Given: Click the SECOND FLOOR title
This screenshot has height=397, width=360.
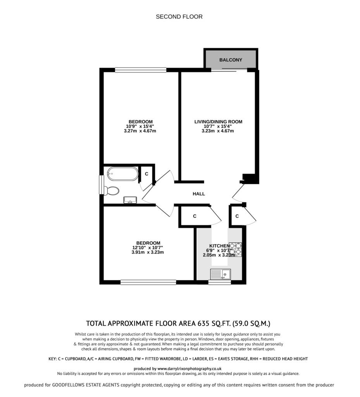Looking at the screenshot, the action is pyautogui.click(x=179, y=17).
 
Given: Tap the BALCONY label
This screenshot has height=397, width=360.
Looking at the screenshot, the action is pyautogui.click(x=231, y=60).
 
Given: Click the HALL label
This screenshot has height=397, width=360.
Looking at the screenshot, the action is pyautogui.click(x=199, y=194).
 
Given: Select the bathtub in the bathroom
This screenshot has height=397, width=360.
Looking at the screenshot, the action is pyautogui.click(x=123, y=173).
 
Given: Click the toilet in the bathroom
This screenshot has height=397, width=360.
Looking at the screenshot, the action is pyautogui.click(x=111, y=191).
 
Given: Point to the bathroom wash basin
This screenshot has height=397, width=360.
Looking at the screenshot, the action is pyautogui.click(x=130, y=200).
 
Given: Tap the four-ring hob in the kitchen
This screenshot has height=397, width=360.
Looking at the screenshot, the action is pyautogui.click(x=235, y=250).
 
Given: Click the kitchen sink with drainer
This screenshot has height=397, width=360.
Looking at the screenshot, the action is pyautogui.click(x=220, y=274).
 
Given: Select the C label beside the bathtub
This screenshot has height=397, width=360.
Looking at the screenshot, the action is pyautogui.click(x=146, y=174).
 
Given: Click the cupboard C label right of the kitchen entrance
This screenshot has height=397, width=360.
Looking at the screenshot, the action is pyautogui.click(x=237, y=216).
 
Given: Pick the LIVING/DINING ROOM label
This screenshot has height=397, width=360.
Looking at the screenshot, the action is pyautogui.click(x=218, y=122).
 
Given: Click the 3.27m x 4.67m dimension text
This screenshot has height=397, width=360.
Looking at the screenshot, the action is pyautogui.click(x=140, y=131).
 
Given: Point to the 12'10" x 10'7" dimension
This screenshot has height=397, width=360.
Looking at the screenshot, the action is pyautogui.click(x=148, y=248).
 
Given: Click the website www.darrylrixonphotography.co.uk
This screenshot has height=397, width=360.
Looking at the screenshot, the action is pyautogui.click(x=189, y=369).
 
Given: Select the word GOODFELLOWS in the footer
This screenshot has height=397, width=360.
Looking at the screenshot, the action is pyautogui.click(x=68, y=385).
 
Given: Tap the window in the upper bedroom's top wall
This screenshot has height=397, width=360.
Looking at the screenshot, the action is pyautogui.click(x=141, y=70).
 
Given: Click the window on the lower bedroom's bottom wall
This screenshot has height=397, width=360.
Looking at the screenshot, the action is pyautogui.click(x=148, y=282).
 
